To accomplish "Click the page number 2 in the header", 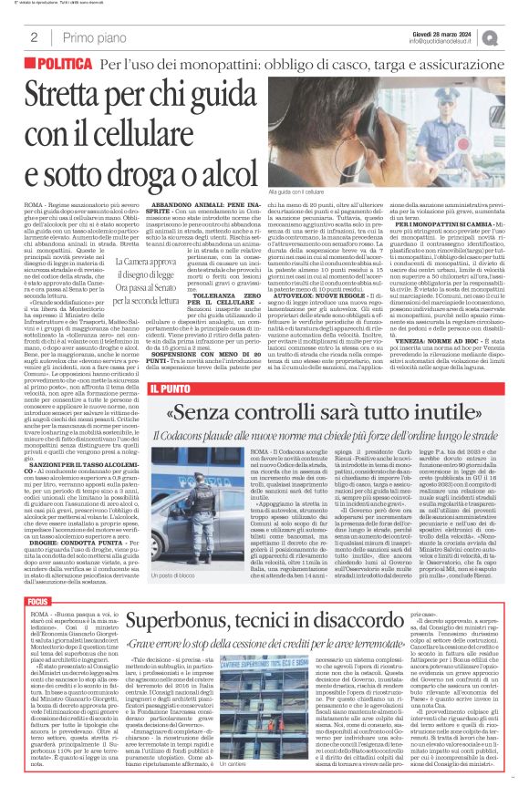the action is point(21,34).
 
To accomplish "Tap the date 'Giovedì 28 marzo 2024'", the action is point(464,28).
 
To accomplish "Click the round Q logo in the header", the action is point(516,33).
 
